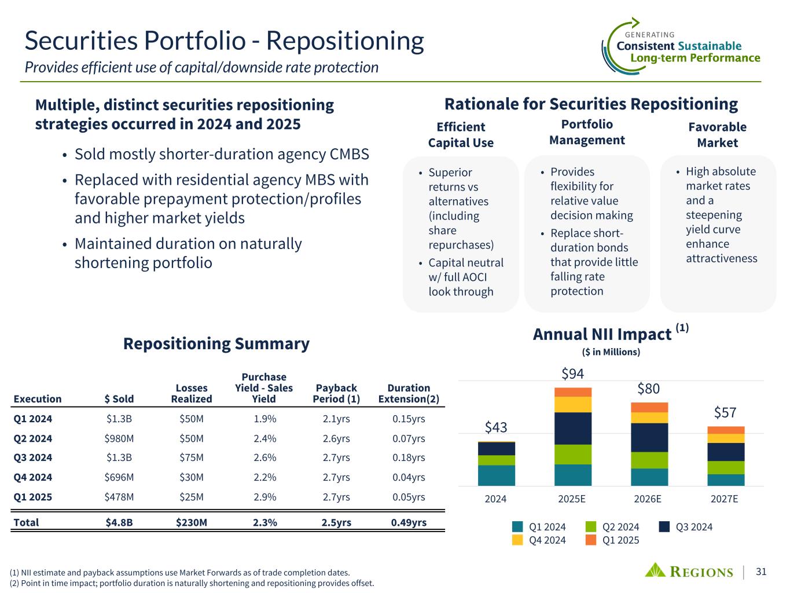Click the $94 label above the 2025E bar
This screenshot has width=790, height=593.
pyautogui.click(x=572, y=374)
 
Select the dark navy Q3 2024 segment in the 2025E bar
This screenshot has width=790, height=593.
pyautogui.click(x=572, y=428)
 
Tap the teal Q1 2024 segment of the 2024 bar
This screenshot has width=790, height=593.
pyautogui.click(x=496, y=475)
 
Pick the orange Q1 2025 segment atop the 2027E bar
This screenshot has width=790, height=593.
pyautogui.click(x=725, y=430)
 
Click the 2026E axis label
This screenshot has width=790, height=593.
pyautogui.click(x=649, y=499)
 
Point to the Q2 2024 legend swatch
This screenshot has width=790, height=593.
pyautogui.click(x=590, y=527)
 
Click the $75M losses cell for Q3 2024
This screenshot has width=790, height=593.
pyautogui.click(x=192, y=457)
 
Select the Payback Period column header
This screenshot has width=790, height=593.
pyautogui.click(x=336, y=393)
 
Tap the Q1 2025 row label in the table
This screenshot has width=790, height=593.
pyautogui.click(x=32, y=497)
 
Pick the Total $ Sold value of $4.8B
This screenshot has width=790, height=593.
pyautogui.click(x=119, y=522)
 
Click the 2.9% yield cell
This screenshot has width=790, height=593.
pyautogui.click(x=264, y=497)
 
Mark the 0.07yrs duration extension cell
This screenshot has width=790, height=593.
pyautogui.click(x=409, y=438)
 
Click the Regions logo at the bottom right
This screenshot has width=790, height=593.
pyautogui.click(x=689, y=572)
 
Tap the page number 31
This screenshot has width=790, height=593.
pyautogui.click(x=761, y=572)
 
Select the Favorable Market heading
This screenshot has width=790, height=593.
pyautogui.click(x=717, y=135)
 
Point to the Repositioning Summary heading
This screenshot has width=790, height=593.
pyautogui.click(x=216, y=343)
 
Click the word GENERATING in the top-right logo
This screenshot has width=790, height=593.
pyautogui.click(x=650, y=35)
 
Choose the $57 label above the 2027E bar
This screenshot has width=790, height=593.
pyautogui.click(x=725, y=412)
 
